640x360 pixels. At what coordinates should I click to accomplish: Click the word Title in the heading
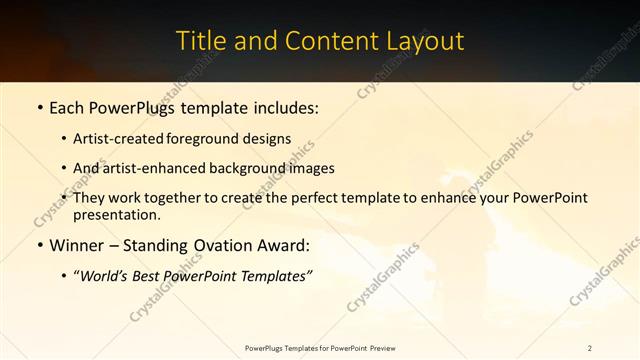197,41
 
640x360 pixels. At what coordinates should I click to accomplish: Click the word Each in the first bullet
67,106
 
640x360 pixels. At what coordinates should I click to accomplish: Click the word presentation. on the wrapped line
117,214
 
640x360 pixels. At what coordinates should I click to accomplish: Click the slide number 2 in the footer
590,347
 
